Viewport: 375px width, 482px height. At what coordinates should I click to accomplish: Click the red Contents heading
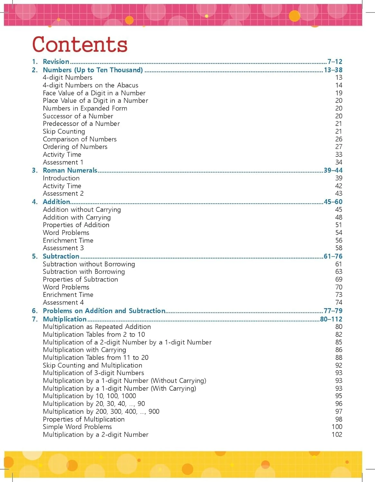click(80, 44)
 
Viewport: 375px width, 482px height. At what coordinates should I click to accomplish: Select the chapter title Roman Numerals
click(70, 170)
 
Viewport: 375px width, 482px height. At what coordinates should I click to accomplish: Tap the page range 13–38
click(333, 70)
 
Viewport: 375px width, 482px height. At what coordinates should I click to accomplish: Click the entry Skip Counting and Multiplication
click(92, 365)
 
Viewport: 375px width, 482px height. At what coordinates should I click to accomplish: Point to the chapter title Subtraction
click(61, 256)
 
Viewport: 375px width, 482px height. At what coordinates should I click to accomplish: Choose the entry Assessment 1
click(63, 162)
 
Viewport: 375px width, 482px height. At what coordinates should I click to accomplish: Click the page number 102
click(337, 434)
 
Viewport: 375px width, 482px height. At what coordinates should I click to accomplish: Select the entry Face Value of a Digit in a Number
click(94, 93)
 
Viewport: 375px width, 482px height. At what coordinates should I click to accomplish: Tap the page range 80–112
click(331, 319)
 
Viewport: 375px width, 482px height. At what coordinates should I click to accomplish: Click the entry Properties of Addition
click(76, 225)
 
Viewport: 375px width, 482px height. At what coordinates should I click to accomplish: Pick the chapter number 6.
click(34, 311)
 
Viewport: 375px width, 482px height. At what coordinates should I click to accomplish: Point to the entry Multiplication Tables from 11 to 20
click(96, 358)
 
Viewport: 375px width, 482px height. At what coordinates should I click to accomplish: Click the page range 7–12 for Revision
click(334, 61)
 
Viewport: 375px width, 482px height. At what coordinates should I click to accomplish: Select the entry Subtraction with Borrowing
click(84, 272)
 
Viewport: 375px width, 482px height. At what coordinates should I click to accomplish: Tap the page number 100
click(337, 427)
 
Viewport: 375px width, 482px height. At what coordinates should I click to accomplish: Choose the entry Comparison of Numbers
click(79, 139)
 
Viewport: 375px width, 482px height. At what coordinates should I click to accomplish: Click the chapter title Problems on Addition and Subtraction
click(104, 311)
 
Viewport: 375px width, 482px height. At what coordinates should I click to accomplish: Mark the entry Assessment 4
click(63, 302)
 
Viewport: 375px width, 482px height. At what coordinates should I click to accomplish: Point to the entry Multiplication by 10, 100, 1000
click(89, 396)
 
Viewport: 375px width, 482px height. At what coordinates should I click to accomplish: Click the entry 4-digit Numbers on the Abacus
click(90, 85)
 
